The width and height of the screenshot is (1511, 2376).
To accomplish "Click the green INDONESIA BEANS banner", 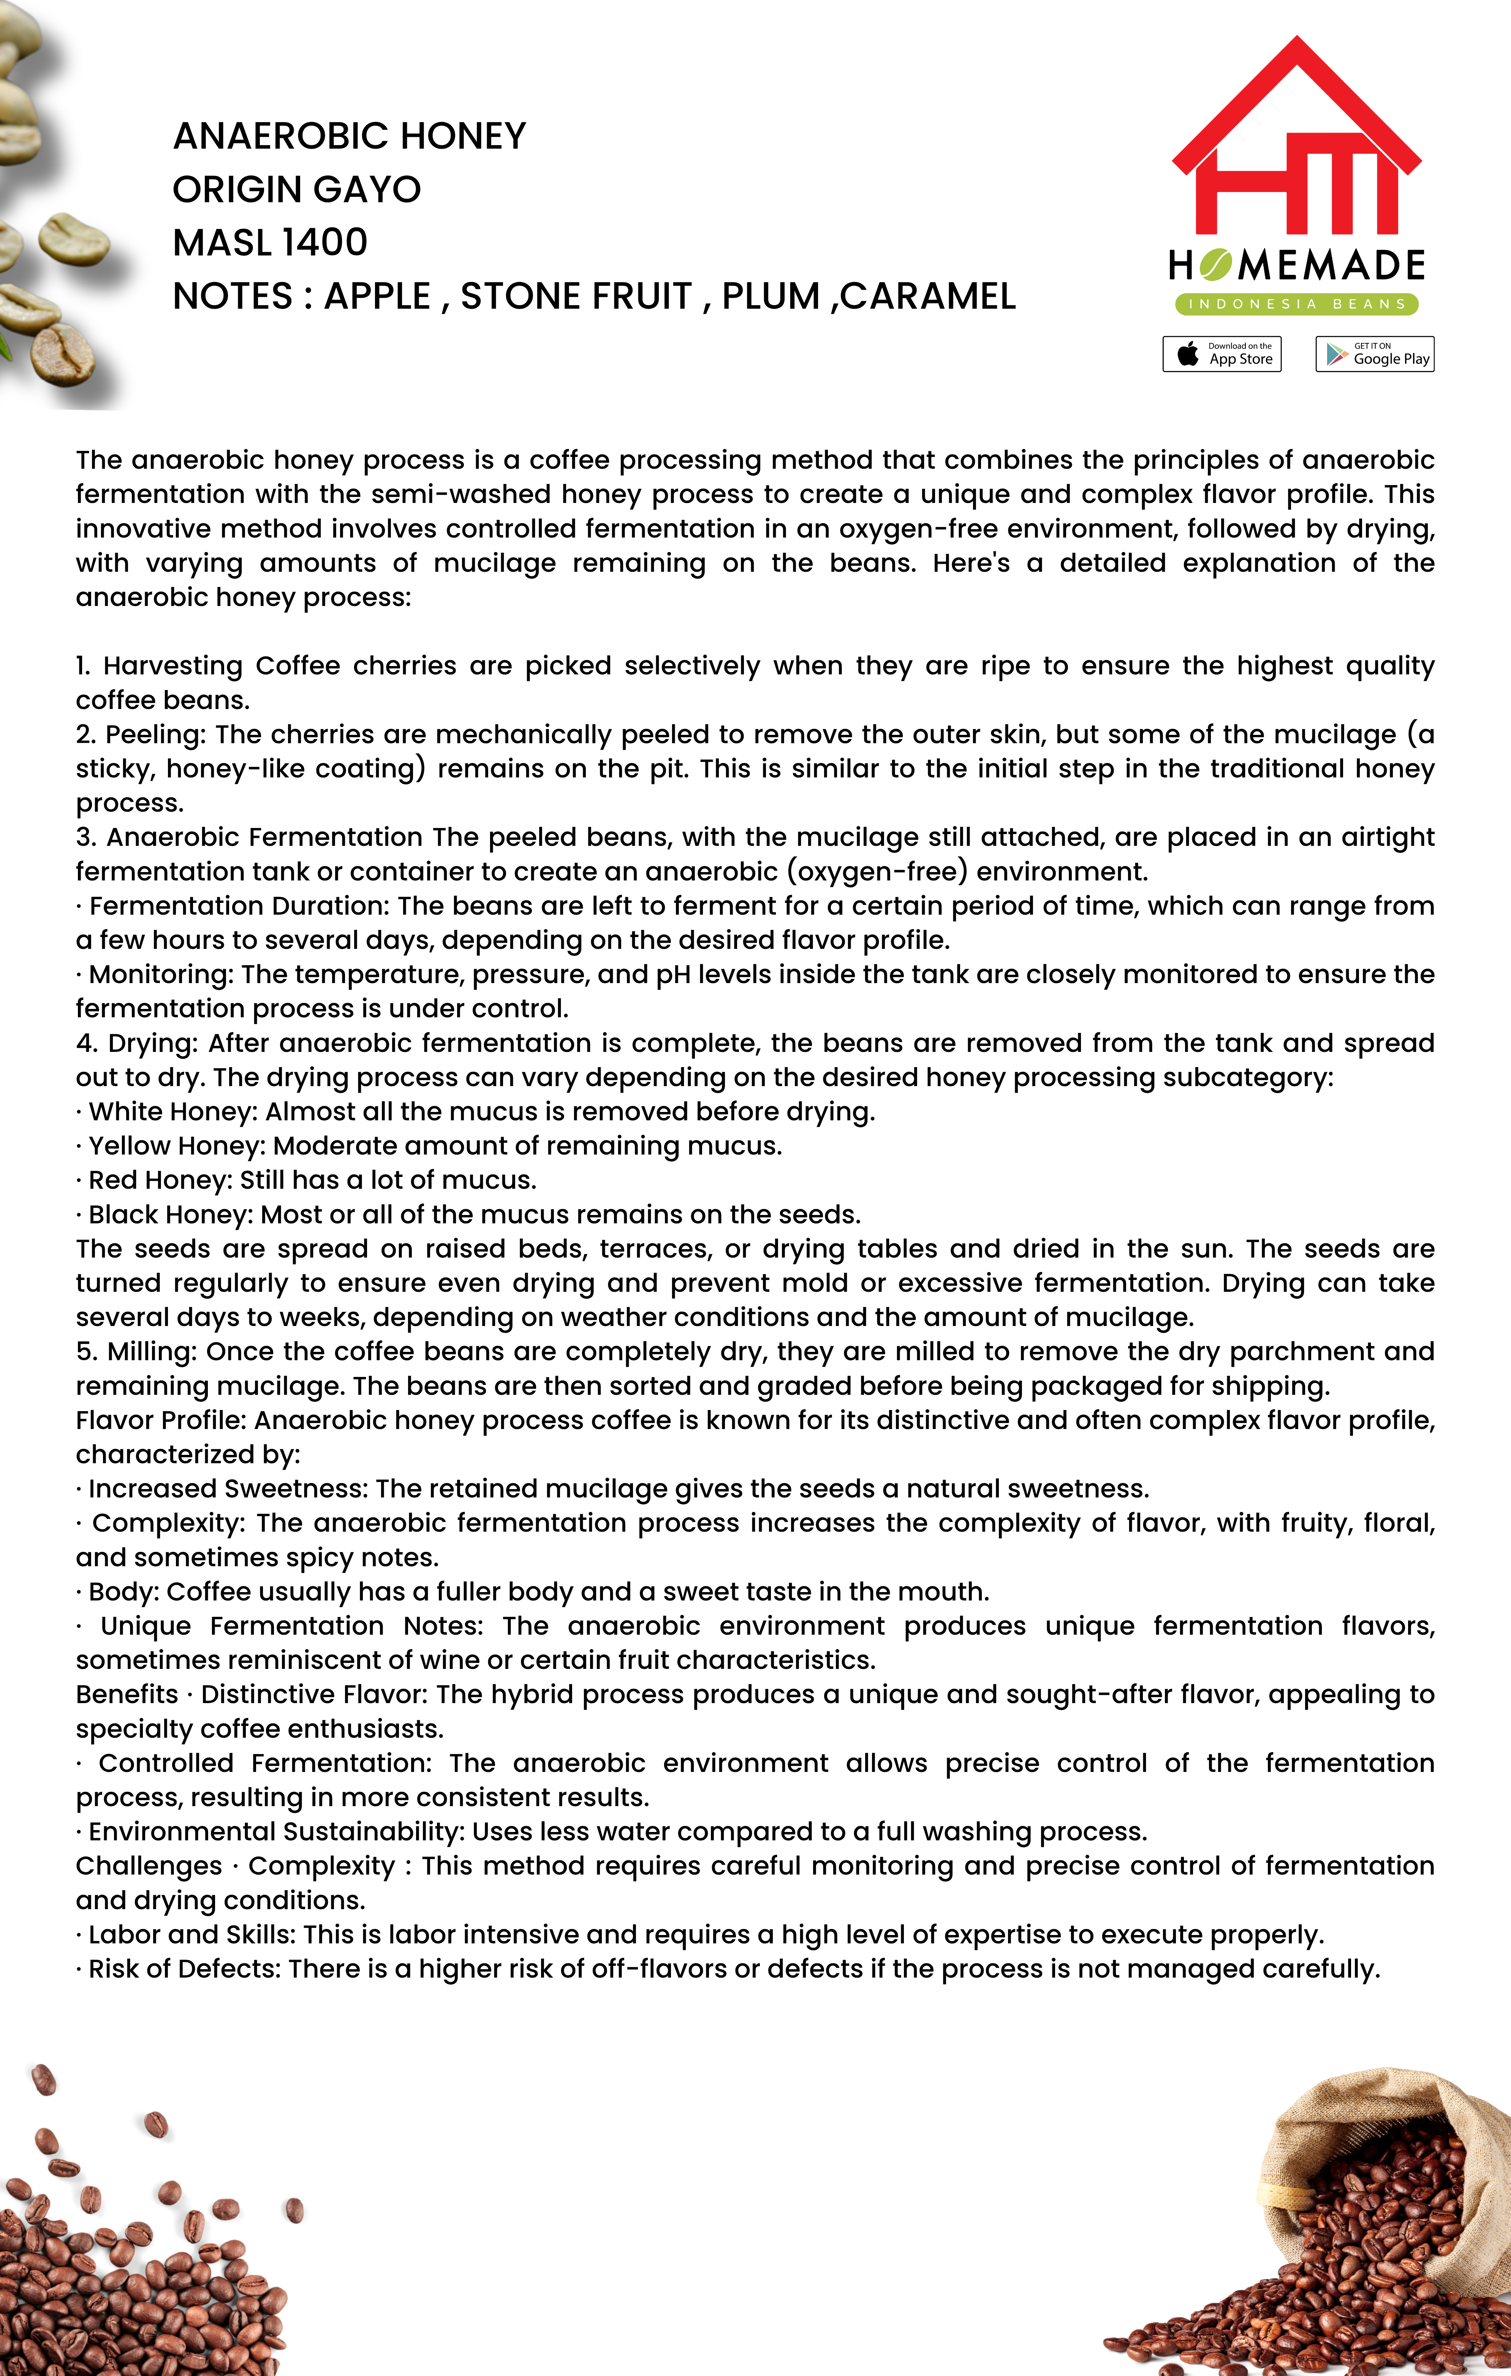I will click(1296, 304).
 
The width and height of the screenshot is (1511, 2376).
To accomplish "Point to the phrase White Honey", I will click(172, 1112).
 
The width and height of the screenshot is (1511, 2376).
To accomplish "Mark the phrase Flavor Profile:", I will click(163, 1421).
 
